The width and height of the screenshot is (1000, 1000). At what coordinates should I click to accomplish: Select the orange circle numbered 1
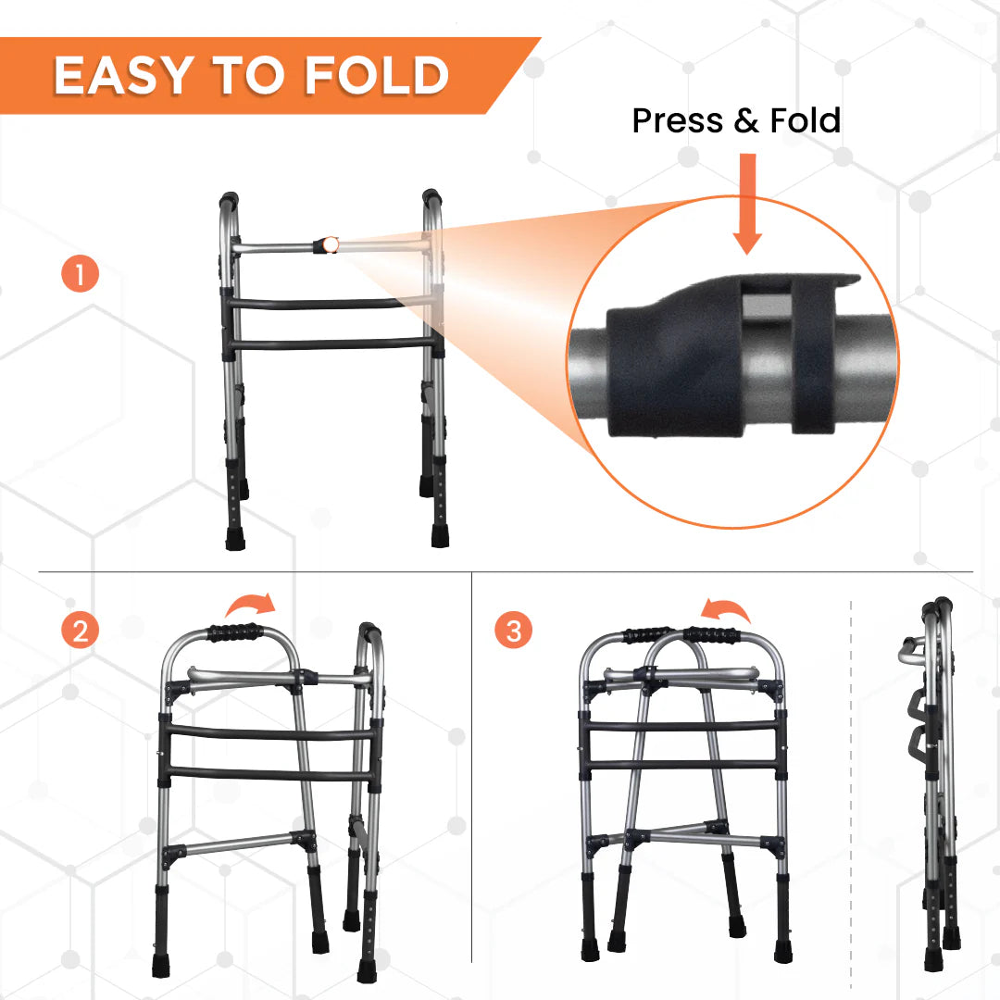(81, 275)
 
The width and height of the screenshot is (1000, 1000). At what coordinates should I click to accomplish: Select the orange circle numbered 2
(81, 631)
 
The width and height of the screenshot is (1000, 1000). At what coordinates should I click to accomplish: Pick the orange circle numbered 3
(514, 631)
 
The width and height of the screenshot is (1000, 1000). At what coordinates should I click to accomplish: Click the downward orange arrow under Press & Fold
(747, 204)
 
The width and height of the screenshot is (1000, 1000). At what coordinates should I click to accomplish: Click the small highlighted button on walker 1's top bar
(329, 245)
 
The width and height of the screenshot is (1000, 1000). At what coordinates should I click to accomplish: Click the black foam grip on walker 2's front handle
(235, 633)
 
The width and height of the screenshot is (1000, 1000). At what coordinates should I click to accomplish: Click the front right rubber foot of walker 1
(439, 536)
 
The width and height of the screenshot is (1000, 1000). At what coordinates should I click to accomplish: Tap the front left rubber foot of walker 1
(235, 538)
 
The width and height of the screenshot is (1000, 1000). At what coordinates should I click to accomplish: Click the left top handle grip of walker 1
(228, 199)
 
